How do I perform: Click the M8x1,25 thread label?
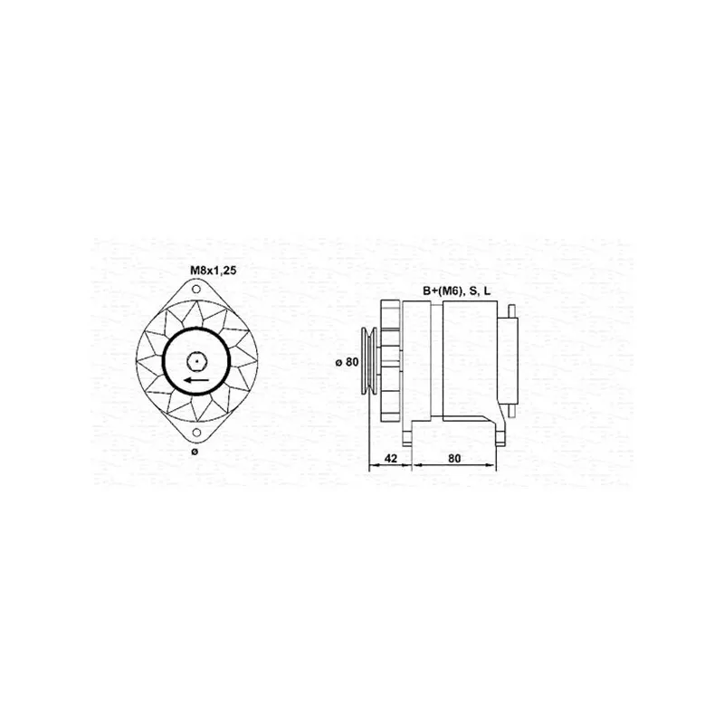click(x=214, y=271)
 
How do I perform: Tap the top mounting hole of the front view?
click(x=196, y=290)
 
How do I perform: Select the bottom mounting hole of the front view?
click(x=196, y=433)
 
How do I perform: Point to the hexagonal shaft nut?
click(x=196, y=361)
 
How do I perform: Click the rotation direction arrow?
click(x=195, y=380)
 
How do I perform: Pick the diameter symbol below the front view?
click(x=195, y=452)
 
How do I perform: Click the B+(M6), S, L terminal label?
click(x=457, y=291)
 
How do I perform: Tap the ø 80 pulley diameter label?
click(x=347, y=362)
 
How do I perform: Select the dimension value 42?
click(x=391, y=458)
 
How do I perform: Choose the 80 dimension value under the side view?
click(x=454, y=458)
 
